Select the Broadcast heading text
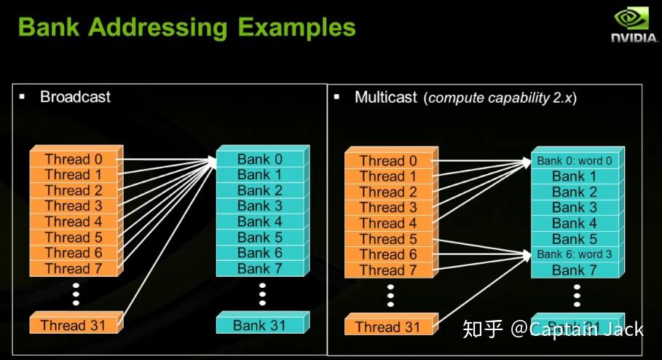tap(75, 97)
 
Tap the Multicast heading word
tap(386, 98)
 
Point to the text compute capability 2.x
tap(502, 98)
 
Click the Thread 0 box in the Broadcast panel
tap(73, 159)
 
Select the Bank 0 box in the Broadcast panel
tap(259, 159)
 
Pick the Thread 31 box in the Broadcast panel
tap(73, 325)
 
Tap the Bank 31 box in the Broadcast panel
tap(259, 325)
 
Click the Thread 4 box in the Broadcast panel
tap(73, 222)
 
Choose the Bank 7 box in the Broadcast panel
tap(259, 269)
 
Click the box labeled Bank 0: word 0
tap(574, 160)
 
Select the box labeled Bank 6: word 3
tap(574, 254)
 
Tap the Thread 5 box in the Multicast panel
tap(387, 239)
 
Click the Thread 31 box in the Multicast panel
tap(387, 326)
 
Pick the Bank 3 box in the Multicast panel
tap(574, 208)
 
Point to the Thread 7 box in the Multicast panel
tap(387, 270)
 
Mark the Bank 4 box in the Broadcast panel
tap(259, 222)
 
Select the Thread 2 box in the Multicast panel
tap(387, 192)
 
